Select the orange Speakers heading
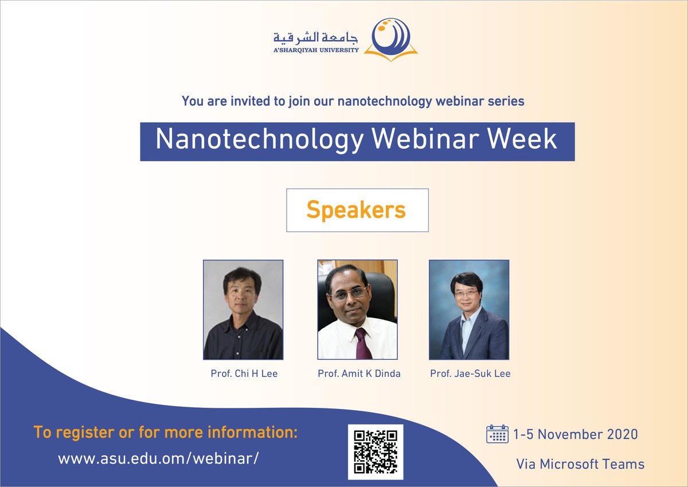click(x=356, y=210)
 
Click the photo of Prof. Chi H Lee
click(x=243, y=310)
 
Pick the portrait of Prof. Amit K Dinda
click(x=357, y=310)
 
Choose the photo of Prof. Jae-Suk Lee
click(x=469, y=310)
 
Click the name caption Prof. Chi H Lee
click(x=244, y=374)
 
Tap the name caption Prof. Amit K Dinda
click(x=359, y=374)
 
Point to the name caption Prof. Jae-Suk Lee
click(x=470, y=374)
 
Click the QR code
click(x=376, y=452)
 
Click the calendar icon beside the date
click(x=497, y=434)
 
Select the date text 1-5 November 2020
click(x=576, y=434)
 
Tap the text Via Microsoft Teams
click(x=580, y=464)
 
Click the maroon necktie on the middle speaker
click(x=361, y=343)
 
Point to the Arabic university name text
click(x=315, y=38)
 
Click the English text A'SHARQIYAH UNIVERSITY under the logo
click(x=316, y=50)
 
